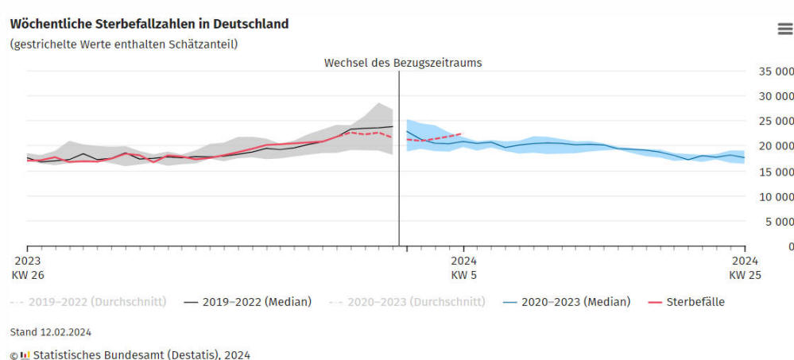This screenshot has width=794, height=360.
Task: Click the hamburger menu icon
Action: [x=784, y=29]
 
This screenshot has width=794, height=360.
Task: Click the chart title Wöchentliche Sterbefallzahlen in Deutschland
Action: [x=149, y=24]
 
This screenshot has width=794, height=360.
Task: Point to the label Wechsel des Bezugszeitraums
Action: [x=403, y=62]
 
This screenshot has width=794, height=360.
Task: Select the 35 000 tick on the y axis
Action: [x=769, y=71]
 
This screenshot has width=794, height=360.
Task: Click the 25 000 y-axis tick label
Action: [x=769, y=121]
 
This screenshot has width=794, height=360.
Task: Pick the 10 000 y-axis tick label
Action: [x=769, y=196]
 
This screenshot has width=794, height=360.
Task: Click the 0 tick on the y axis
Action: [x=790, y=246]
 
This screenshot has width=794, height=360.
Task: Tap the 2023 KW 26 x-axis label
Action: [x=28, y=267]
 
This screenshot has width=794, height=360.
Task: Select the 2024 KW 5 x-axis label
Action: [x=464, y=267]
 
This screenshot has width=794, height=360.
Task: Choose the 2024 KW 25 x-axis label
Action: [x=744, y=267]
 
